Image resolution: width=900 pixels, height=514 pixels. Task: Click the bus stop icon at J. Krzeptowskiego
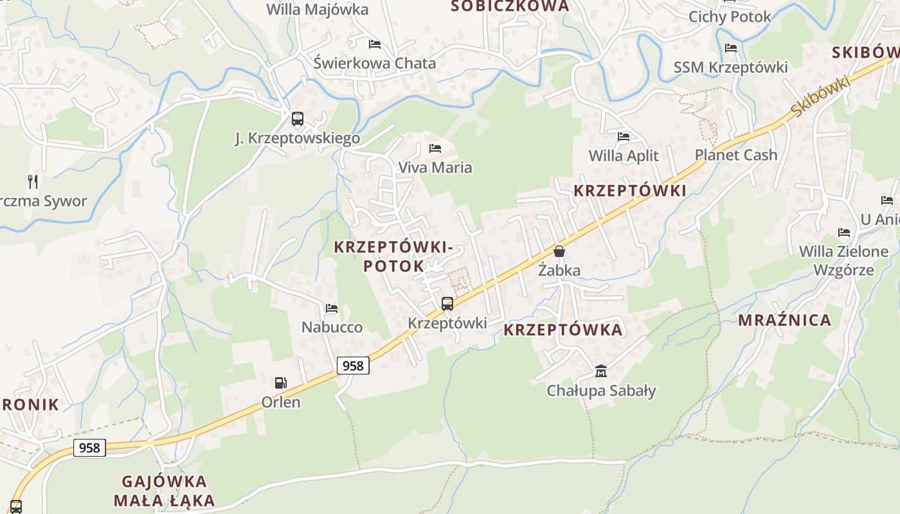point(297,119)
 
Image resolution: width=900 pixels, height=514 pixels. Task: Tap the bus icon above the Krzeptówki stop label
point(447,304)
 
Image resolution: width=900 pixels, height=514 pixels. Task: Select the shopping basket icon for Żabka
point(559,251)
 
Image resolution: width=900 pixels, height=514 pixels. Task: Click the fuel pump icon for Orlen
point(281,383)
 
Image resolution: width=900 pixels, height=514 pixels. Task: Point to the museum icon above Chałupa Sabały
point(601,371)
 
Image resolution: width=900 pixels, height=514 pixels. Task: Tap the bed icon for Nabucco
point(332,308)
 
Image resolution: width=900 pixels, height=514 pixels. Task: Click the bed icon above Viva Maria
point(435,148)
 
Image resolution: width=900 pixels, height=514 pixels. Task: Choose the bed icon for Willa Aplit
point(624,137)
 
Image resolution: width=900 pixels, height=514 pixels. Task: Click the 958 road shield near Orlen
point(353,366)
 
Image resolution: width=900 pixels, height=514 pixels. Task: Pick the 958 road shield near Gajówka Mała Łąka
point(89,447)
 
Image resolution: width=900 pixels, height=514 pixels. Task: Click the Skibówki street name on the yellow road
point(820,96)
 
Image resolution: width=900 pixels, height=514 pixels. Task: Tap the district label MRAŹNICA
point(784,320)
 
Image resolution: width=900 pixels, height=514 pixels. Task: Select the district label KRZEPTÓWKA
point(563,330)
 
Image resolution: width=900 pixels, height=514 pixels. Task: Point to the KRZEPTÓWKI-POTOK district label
point(393,256)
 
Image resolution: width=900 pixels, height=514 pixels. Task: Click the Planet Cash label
point(736,155)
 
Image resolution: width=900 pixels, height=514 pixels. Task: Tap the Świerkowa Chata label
point(375,63)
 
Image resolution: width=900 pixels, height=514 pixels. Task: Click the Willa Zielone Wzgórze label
point(843,260)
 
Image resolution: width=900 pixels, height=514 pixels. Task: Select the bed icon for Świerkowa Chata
point(375,44)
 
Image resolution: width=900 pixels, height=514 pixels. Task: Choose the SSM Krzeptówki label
point(731,67)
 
